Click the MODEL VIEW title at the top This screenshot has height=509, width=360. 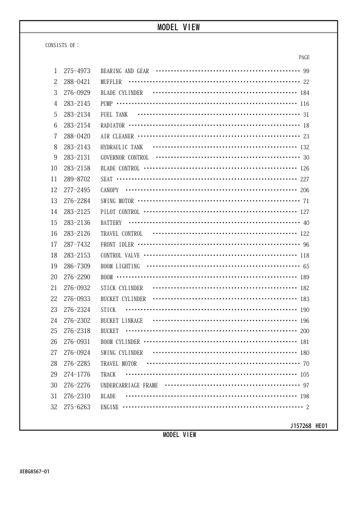[x=178, y=27]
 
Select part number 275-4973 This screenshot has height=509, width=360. [x=77, y=71]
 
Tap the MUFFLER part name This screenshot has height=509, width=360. [x=111, y=82]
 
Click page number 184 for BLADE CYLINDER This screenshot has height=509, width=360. [x=304, y=93]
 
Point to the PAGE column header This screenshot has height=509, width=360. [x=304, y=57]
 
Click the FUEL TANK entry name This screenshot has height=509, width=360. [x=114, y=115]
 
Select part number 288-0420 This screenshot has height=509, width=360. [x=77, y=137]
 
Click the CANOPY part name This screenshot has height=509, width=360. [x=110, y=190]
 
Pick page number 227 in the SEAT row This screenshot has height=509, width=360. [x=304, y=180]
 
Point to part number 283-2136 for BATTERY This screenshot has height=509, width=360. [x=77, y=223]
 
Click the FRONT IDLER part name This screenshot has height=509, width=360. [x=117, y=245]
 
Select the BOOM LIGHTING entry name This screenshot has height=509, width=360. [x=120, y=267]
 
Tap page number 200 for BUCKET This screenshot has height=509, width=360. [x=304, y=331]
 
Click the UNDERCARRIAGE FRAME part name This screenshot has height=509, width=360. [x=129, y=386]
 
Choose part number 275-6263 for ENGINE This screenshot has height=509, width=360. [x=77, y=407]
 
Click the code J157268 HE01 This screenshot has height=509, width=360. [x=309, y=426]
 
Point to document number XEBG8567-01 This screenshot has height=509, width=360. [x=34, y=471]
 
